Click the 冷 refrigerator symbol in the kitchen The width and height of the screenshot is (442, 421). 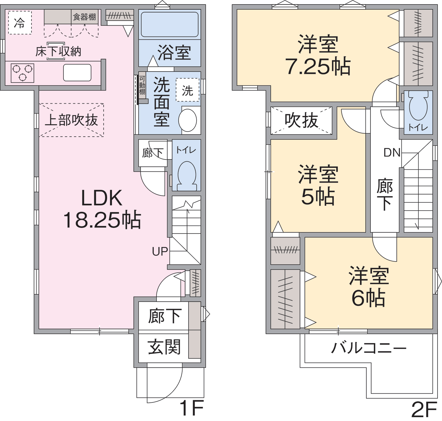20,22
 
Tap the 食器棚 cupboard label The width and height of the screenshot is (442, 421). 84,17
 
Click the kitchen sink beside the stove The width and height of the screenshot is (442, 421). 77,73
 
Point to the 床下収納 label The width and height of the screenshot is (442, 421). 58,51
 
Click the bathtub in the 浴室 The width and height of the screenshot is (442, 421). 170,24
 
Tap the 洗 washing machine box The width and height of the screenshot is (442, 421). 187,90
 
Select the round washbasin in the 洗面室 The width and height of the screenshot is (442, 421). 188,120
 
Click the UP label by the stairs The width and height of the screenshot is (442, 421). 160,252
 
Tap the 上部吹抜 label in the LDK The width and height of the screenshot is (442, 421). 71,120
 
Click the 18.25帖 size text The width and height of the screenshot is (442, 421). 102,220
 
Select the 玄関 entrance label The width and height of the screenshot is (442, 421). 164,347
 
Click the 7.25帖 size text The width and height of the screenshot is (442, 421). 318,66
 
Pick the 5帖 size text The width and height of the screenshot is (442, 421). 318,196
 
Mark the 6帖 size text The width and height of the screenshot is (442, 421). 368,298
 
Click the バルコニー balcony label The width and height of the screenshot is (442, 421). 369,348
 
